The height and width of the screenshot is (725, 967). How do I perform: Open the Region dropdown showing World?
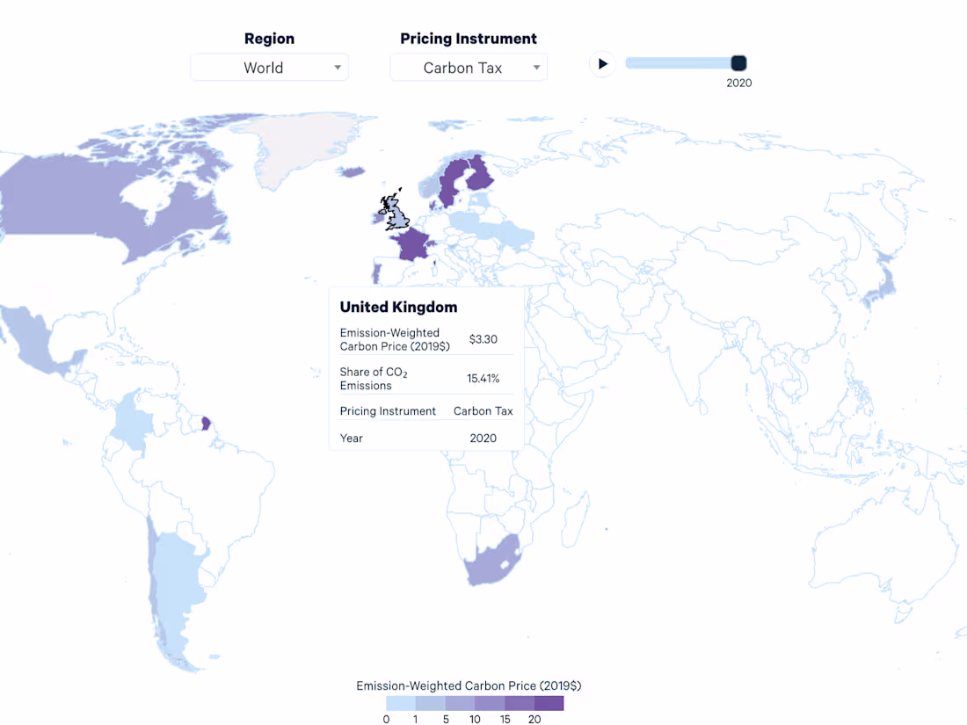[269, 68]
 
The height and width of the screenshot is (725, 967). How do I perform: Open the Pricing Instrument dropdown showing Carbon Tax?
[469, 68]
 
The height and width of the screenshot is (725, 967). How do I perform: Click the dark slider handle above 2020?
[738, 62]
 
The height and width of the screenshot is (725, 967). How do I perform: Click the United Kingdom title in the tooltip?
[398, 307]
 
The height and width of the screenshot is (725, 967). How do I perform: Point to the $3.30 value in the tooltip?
[484, 338]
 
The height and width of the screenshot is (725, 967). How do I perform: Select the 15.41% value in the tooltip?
[483, 379]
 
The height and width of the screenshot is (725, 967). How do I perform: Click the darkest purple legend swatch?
[549, 703]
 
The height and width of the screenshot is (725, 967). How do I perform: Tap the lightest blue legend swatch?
[401, 703]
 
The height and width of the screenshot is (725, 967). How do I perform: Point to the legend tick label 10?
[475, 719]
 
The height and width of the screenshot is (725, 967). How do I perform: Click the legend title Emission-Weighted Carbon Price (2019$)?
[469, 685]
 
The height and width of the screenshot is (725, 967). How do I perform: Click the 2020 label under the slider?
[738, 83]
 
